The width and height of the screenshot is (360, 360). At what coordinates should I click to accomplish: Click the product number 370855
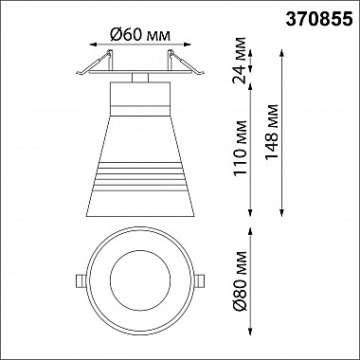click(x=318, y=20)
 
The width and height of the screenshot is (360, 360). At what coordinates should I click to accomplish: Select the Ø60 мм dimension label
click(x=140, y=35)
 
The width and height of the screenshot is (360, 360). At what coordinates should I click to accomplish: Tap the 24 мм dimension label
click(x=239, y=61)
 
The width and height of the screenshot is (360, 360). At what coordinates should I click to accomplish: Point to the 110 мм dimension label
click(x=240, y=148)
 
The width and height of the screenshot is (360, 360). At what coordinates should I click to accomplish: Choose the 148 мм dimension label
click(x=272, y=132)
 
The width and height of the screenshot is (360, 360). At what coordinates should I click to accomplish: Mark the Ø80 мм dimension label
click(x=240, y=281)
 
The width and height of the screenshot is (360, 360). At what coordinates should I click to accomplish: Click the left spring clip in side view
click(x=95, y=63)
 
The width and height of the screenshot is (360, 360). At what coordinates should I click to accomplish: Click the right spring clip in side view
click(x=186, y=63)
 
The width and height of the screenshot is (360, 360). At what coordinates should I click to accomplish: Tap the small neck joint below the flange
click(x=140, y=78)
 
